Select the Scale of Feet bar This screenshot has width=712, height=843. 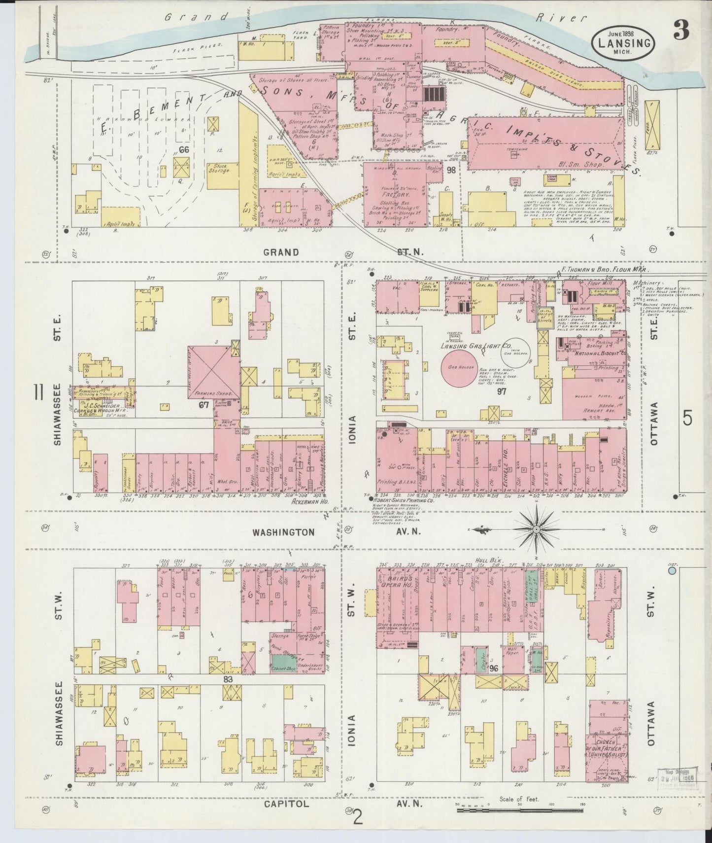tap(519, 809)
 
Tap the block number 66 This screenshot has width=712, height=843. tap(184, 150)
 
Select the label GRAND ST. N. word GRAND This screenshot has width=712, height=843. tap(281, 252)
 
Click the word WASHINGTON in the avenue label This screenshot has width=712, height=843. tap(283, 532)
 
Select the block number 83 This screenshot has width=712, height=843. tap(228, 679)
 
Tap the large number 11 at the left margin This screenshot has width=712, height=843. tap(37, 393)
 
